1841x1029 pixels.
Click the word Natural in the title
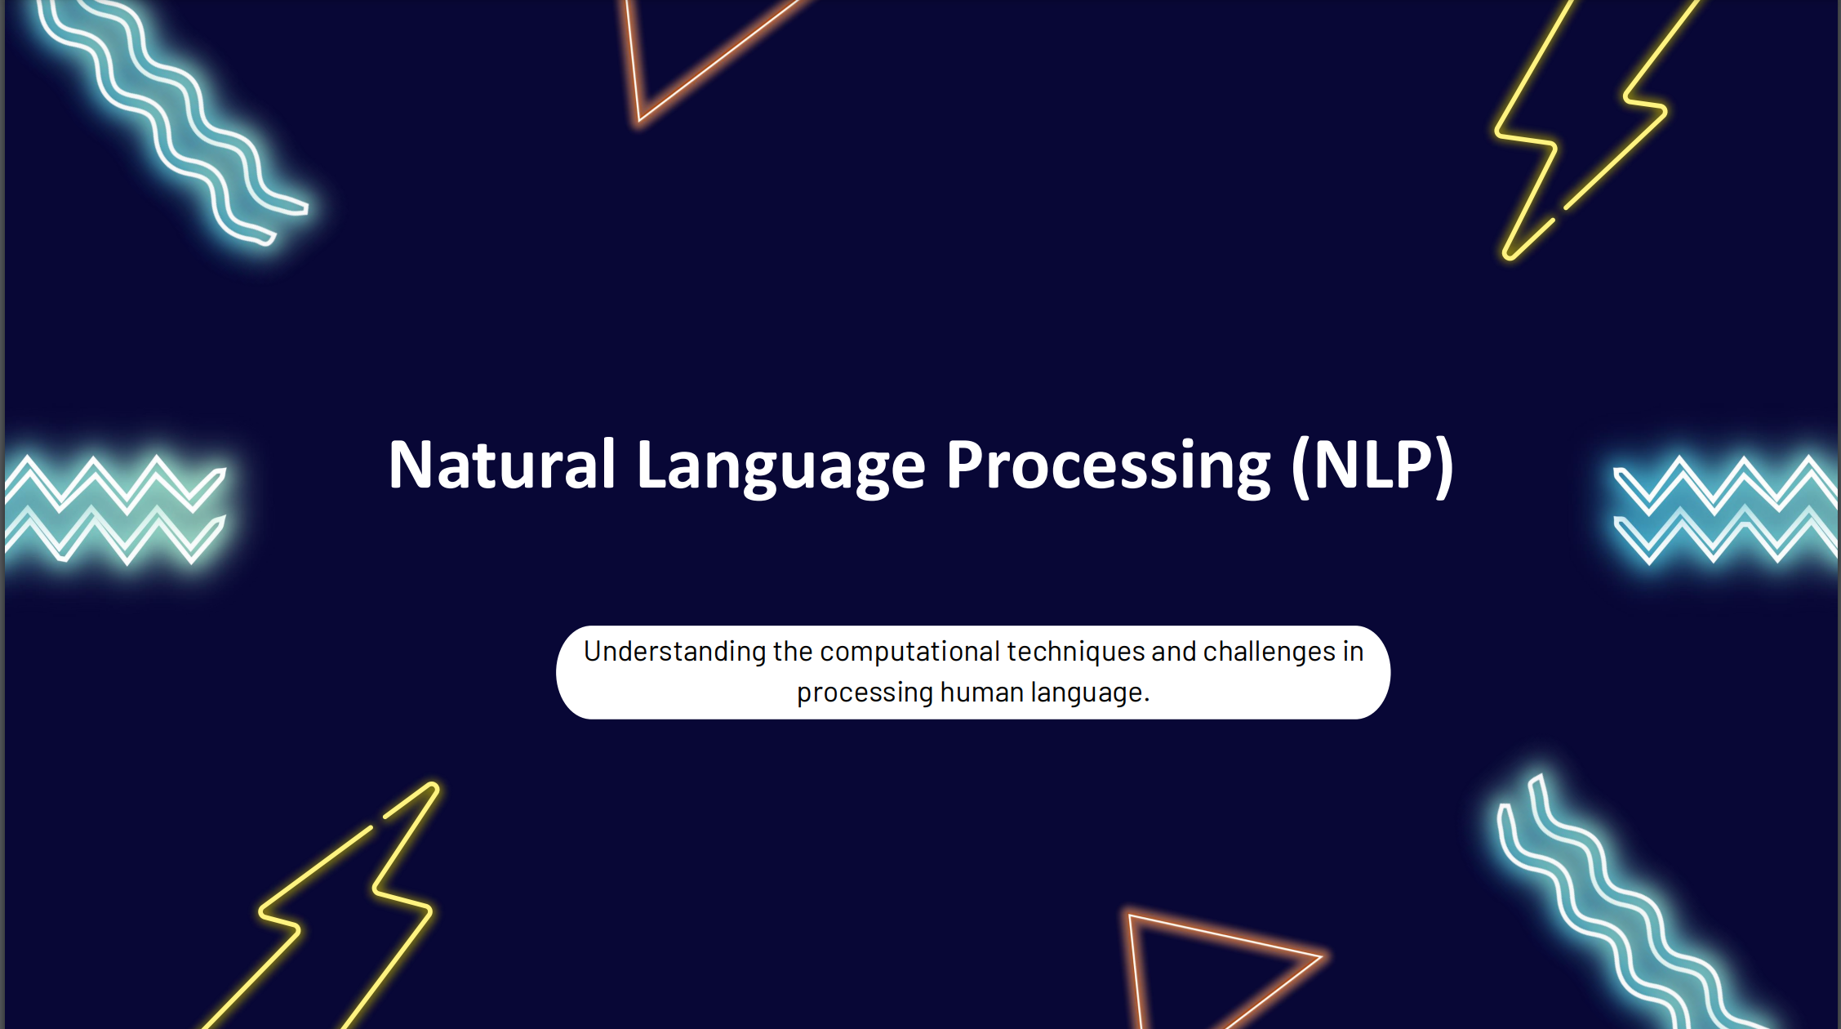(500, 465)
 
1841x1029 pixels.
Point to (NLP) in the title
(1372, 465)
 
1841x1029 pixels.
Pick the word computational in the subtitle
(909, 652)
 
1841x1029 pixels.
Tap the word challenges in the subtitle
(1269, 652)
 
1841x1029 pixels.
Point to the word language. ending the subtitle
(1089, 693)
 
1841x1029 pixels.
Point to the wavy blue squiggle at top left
(171, 122)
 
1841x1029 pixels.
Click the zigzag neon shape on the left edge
(114, 510)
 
